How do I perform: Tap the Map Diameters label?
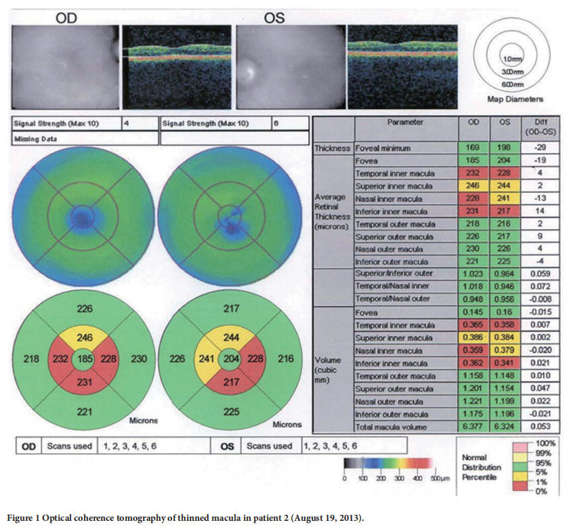515,99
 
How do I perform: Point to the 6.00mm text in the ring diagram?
515,84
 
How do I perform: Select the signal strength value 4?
127,124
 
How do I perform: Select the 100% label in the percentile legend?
545,444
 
